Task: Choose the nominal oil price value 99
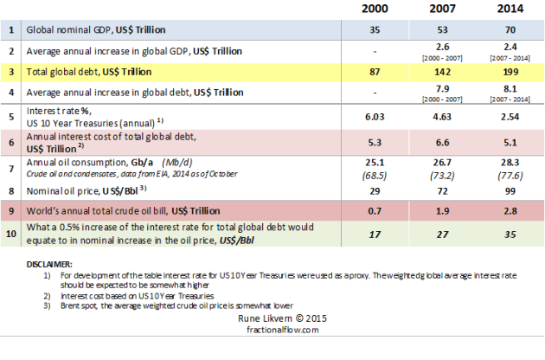tap(510, 187)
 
